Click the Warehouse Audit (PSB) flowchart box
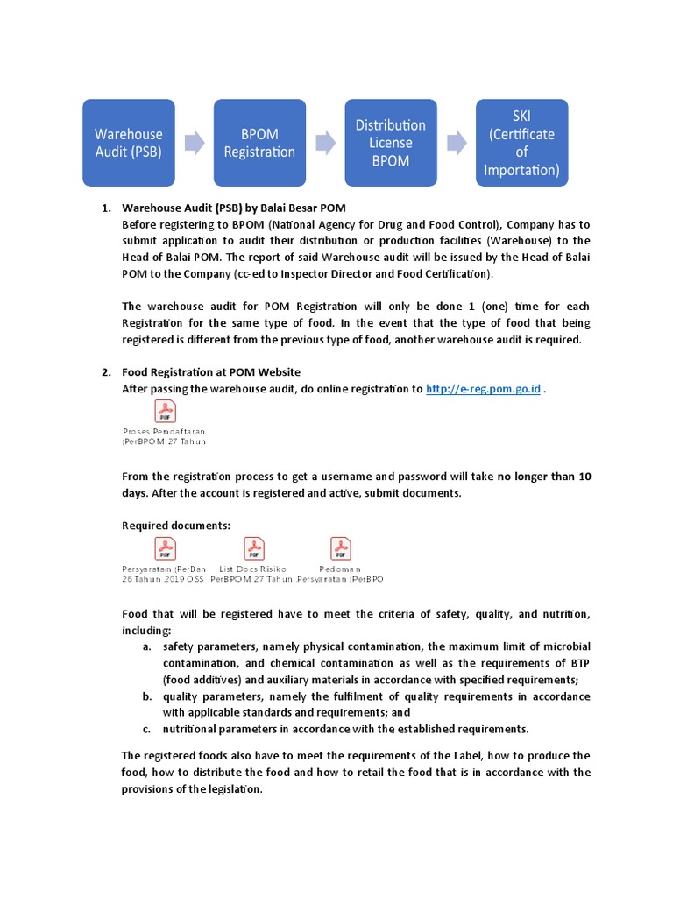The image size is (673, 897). coord(129,143)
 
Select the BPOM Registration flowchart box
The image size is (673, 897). coord(259,143)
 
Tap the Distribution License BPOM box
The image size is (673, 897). coord(390,143)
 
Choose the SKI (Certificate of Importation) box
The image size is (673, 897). coord(521,143)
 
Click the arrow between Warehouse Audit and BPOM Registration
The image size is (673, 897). coord(195,143)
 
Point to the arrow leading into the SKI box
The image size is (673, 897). coord(456,143)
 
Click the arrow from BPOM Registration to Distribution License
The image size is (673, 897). coord(325,143)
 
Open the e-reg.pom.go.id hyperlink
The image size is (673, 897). coord(483,389)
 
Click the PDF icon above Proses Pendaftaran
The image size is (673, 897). coord(165,411)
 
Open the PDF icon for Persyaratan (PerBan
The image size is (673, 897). coord(165,549)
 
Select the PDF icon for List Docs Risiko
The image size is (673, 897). coord(253,549)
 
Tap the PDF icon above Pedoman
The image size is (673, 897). coord(340,549)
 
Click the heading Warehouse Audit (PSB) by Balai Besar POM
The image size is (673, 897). coord(234,208)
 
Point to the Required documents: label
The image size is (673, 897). coord(176,526)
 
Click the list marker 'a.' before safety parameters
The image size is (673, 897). coord(146,646)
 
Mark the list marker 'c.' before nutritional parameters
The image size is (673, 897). coord(146,729)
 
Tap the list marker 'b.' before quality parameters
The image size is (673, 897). coord(146,696)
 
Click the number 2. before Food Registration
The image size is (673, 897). coord(106,372)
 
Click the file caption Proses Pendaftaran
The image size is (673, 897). coord(164,432)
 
